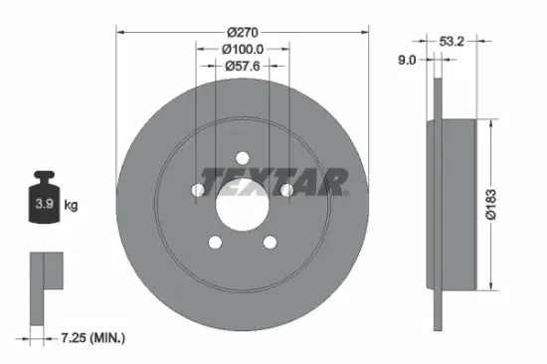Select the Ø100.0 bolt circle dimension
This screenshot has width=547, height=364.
243,48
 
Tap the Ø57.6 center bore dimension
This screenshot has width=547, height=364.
243,68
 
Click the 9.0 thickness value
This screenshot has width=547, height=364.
408,60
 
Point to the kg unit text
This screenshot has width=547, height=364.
71,206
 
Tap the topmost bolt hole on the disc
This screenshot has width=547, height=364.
243,156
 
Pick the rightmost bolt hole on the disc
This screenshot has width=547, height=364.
287,189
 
